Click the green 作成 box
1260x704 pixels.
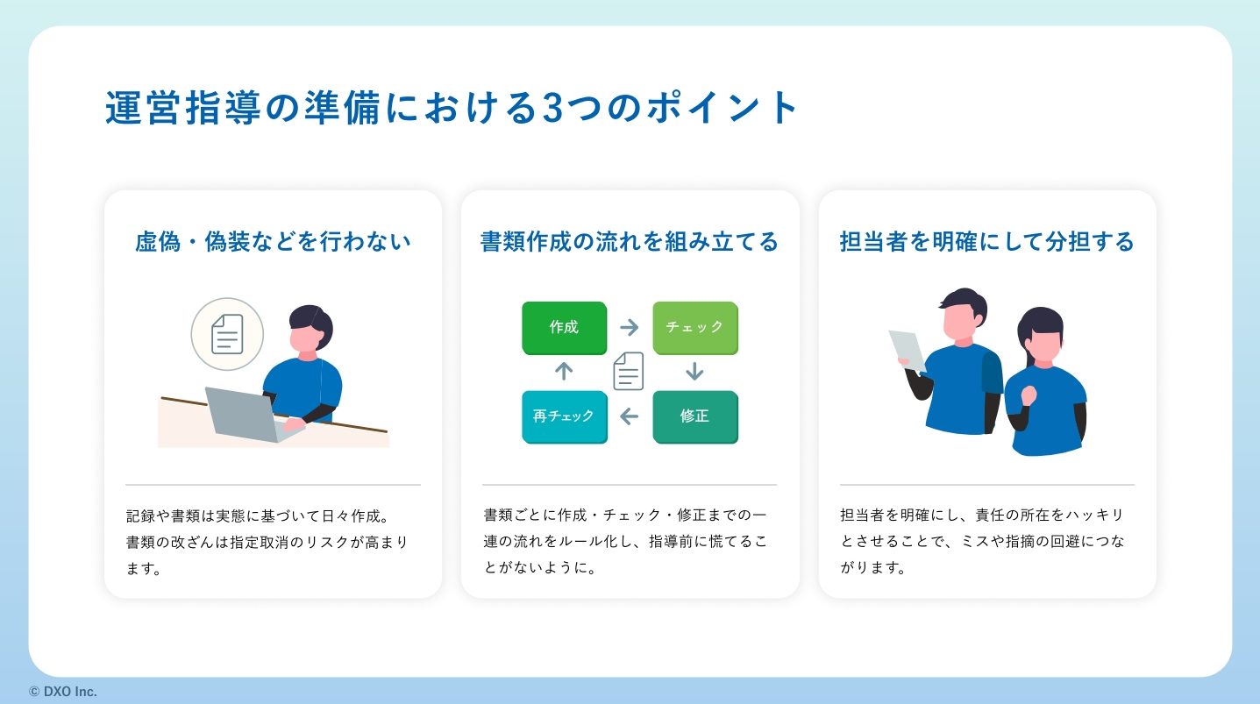(x=564, y=328)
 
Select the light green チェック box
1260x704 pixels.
(x=695, y=328)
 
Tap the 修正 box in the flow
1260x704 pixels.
(x=695, y=416)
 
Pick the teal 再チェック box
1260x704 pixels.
(x=564, y=416)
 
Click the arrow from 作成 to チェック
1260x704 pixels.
(x=630, y=327)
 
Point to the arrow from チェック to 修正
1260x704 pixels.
(x=694, y=372)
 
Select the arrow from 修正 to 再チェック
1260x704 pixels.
(x=630, y=416)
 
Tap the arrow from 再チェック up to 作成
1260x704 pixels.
(x=564, y=372)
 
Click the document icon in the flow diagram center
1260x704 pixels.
(x=629, y=371)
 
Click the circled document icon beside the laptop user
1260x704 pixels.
(x=227, y=334)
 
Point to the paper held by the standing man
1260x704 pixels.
(x=907, y=351)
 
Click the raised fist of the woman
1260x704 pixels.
(x=1029, y=395)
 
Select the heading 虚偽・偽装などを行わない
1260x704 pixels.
(x=273, y=242)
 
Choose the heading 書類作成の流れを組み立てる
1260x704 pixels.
(x=630, y=242)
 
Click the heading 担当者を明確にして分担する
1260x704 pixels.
(x=987, y=242)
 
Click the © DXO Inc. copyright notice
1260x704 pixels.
(x=63, y=692)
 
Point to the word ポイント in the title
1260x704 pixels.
(x=723, y=108)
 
